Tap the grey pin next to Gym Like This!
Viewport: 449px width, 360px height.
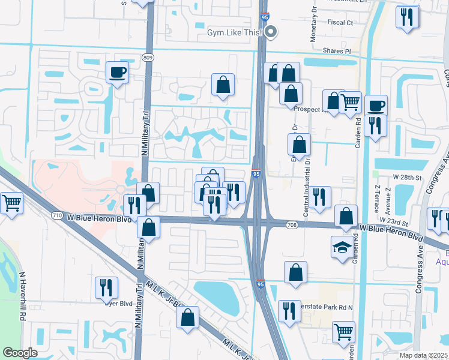click(x=271, y=32)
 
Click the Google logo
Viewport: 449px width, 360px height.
click(x=20, y=353)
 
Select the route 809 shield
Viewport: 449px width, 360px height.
click(x=147, y=57)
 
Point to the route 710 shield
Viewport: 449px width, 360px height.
click(x=57, y=215)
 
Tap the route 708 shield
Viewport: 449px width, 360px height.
click(x=292, y=224)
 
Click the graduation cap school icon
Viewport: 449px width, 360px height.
click(x=342, y=246)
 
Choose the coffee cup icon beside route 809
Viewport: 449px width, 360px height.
click(x=117, y=73)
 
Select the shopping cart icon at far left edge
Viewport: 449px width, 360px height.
click(x=11, y=203)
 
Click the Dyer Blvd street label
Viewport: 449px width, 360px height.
click(x=121, y=304)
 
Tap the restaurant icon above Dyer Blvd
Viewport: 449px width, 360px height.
click(x=106, y=287)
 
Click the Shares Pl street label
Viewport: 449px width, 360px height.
click(x=336, y=51)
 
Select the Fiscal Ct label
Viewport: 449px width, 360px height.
click(x=340, y=22)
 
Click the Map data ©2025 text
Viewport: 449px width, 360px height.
click(x=423, y=355)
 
